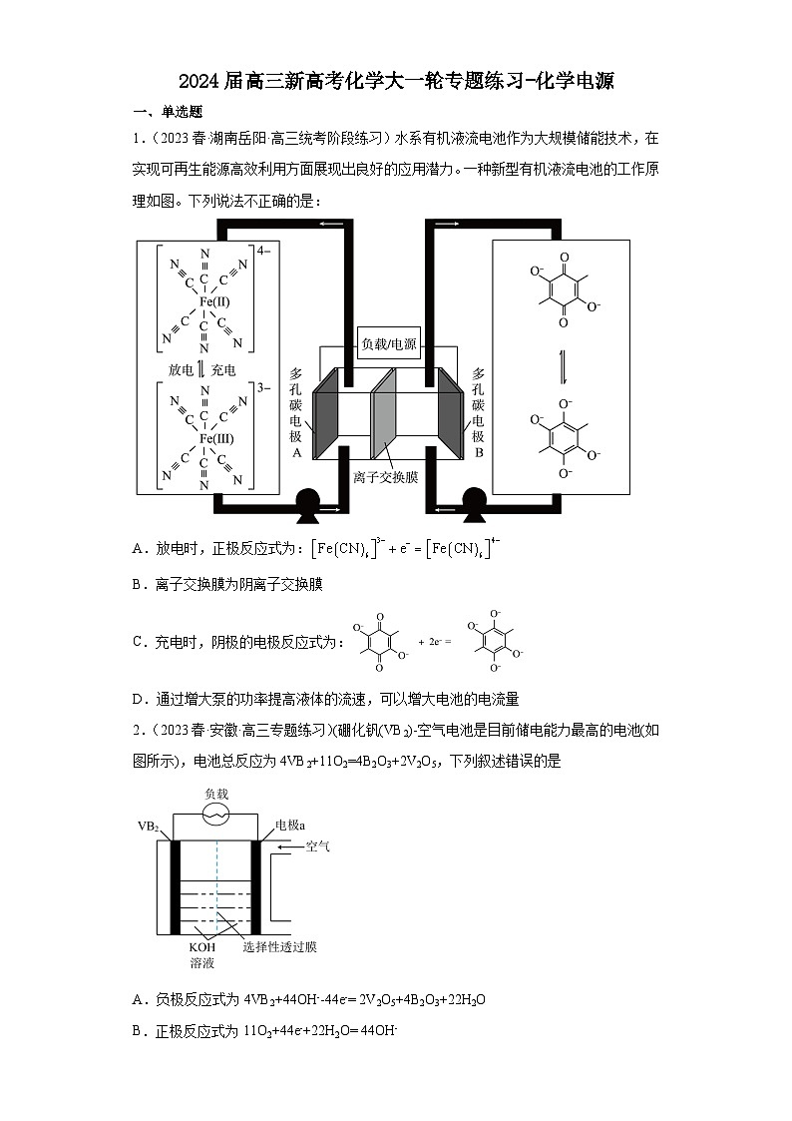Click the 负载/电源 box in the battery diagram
[x=389, y=345]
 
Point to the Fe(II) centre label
[x=214, y=300]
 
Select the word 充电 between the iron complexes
[x=223, y=369]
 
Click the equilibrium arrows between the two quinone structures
[x=563, y=366]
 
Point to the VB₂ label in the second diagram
[x=149, y=827]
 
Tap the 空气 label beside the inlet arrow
[x=318, y=846]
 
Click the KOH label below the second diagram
[x=201, y=946]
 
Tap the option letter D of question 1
[x=137, y=699]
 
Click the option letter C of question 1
[x=137, y=642]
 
